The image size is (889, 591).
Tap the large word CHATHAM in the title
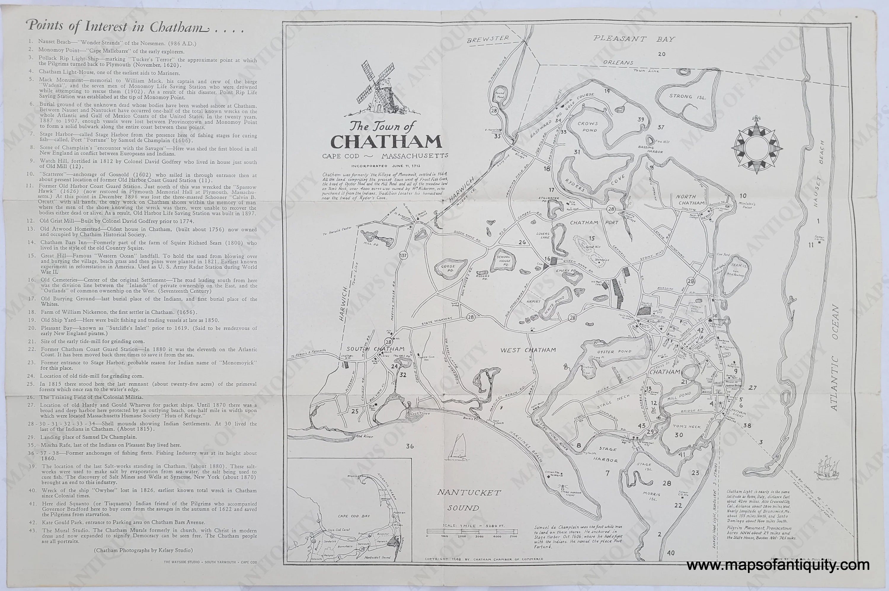point(386,142)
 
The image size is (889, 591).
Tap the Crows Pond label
point(588,127)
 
